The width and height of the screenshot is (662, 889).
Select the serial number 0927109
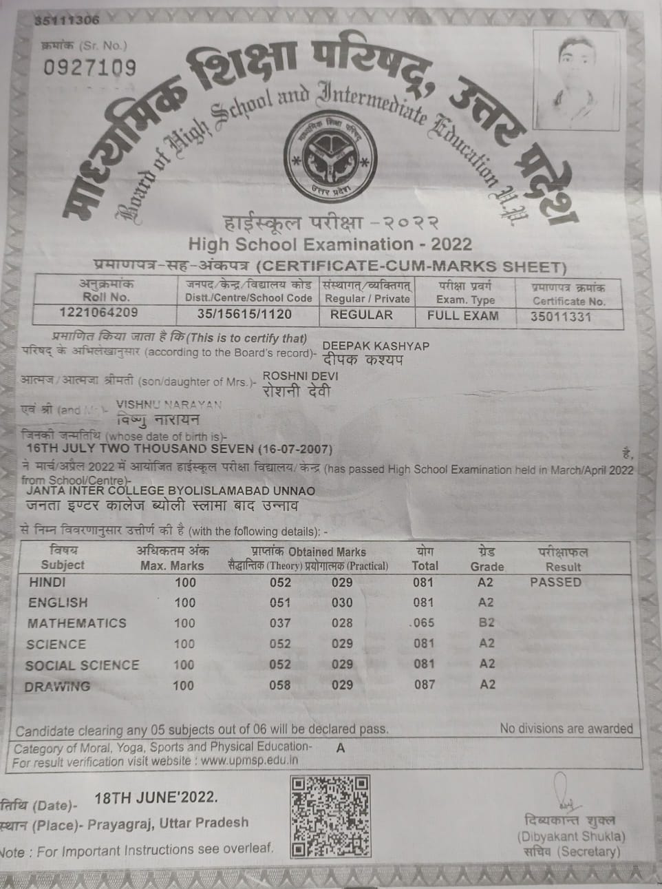click(x=89, y=67)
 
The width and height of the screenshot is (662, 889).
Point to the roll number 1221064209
click(x=98, y=313)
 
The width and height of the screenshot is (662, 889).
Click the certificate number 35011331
click(x=561, y=317)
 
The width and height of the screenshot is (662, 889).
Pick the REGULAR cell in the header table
click(x=361, y=315)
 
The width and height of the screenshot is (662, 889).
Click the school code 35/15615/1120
click(x=244, y=314)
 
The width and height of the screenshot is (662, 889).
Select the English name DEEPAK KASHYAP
click(x=376, y=346)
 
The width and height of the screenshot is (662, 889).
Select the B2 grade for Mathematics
click(x=487, y=623)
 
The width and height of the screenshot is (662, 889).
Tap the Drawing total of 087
click(x=425, y=684)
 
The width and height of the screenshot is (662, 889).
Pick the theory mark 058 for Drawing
click(x=280, y=685)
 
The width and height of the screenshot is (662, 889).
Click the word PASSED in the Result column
click(x=555, y=582)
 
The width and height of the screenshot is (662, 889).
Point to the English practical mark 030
click(x=342, y=603)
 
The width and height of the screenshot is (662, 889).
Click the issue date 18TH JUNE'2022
click(x=156, y=797)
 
